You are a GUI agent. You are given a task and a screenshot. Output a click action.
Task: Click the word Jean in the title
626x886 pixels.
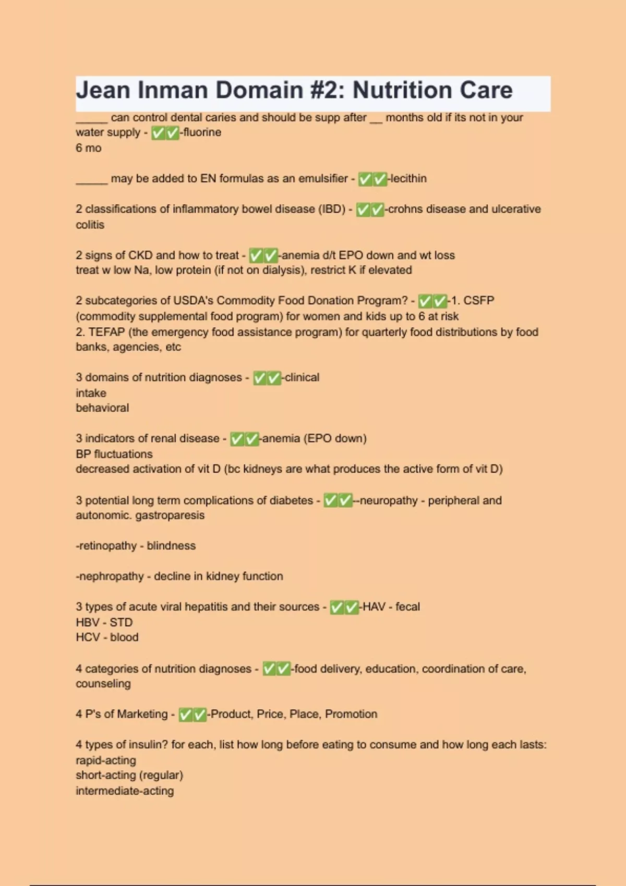tap(103, 90)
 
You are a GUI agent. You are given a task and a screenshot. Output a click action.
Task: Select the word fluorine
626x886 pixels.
tap(202, 132)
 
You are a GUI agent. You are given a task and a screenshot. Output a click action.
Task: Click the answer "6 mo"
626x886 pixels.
tap(89, 148)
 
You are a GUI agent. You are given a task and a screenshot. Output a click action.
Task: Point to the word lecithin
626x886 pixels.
tap(408, 179)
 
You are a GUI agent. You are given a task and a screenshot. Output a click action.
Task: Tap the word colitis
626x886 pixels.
tap(90, 225)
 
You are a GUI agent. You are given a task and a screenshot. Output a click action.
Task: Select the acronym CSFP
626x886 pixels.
tap(478, 301)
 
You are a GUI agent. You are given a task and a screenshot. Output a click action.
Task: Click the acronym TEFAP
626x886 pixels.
tap(106, 332)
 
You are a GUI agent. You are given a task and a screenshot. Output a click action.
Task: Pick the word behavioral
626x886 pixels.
tap(102, 408)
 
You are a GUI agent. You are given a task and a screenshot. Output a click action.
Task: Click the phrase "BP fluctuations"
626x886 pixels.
tap(114, 454)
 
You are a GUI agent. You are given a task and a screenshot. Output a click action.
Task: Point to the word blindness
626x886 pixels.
tap(171, 546)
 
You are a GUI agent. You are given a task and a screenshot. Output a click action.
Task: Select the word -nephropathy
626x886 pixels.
tap(110, 576)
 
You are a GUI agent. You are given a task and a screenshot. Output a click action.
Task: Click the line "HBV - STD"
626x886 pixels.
tap(104, 622)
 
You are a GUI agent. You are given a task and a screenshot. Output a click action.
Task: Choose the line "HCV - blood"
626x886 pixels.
tap(107, 637)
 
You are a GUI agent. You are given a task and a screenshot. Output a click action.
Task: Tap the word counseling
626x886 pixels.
tap(103, 684)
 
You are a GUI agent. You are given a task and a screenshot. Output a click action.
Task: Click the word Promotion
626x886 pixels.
tap(351, 714)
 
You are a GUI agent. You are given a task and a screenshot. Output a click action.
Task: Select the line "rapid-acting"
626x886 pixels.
tap(106, 760)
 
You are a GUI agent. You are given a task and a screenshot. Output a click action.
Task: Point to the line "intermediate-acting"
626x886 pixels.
tap(125, 791)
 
